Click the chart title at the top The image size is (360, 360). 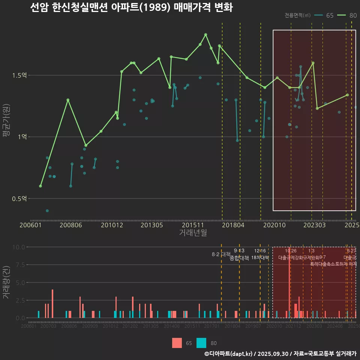tap(131, 7)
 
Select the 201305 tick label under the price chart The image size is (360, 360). tap(151, 225)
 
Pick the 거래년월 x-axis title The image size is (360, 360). tap(193, 232)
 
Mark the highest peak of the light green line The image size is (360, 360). tap(205, 34)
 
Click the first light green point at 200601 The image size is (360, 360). tap(40, 186)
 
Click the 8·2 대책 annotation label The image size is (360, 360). tap(221, 254)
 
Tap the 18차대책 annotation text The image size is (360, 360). tap(260, 258)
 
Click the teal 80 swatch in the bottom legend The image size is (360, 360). tap(201, 343)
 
